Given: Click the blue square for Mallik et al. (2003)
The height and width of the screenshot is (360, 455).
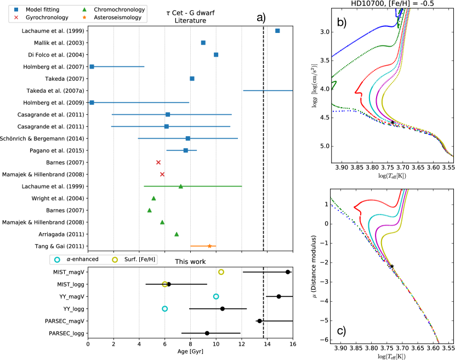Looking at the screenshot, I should [203, 43].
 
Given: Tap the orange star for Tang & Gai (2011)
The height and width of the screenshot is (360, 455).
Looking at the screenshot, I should [209, 246].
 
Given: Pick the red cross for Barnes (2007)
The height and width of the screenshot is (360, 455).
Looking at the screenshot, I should [158, 162].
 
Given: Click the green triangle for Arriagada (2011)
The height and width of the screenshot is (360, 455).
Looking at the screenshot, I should [177, 234].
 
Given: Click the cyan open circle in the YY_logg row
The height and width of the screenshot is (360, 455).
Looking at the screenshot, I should [165, 309].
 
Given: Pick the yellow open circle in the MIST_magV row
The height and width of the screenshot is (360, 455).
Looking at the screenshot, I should [221, 272].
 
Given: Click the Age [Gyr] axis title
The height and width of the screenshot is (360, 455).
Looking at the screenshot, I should [190, 355].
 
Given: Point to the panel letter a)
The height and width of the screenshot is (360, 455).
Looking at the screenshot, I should [261, 18].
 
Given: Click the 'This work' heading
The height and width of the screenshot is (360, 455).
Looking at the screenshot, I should [190, 261].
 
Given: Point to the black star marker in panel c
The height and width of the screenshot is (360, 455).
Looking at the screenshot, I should [392, 267].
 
